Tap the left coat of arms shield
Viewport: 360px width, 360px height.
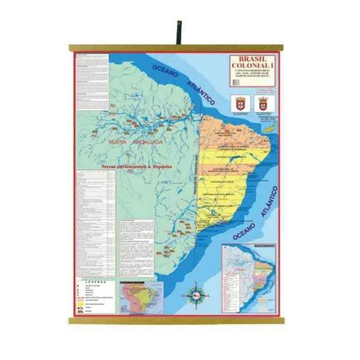click(240, 104)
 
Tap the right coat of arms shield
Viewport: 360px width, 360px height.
click(264, 104)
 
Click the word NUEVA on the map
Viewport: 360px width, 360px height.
click(117, 142)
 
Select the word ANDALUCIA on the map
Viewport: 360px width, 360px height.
click(148, 142)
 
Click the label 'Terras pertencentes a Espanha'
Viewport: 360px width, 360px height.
click(136, 167)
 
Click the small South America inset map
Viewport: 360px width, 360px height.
click(141, 297)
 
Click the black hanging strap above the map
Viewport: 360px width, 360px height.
click(179, 32)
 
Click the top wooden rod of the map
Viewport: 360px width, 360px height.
click(176, 48)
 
